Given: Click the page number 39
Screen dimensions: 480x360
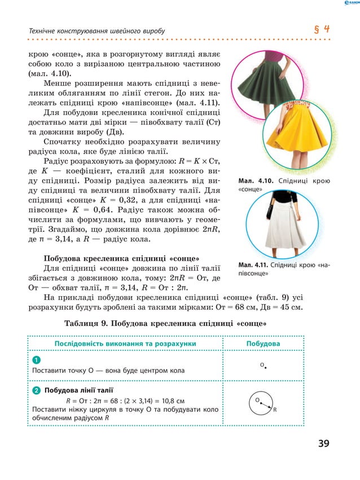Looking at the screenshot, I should point(323,443).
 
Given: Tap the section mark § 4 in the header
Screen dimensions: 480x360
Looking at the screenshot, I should point(322,29).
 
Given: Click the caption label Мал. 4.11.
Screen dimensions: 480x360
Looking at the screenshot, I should point(252,265).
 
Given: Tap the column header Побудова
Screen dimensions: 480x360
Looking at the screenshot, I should point(264,343).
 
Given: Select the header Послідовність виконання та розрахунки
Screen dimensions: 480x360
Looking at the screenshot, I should point(125,343).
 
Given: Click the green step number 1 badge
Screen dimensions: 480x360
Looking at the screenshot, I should point(36,360).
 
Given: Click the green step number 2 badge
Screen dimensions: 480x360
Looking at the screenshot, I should point(36,390).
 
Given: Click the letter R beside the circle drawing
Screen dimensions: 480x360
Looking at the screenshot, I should point(275,410).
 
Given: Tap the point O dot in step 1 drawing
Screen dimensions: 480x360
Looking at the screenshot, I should point(265,367).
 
